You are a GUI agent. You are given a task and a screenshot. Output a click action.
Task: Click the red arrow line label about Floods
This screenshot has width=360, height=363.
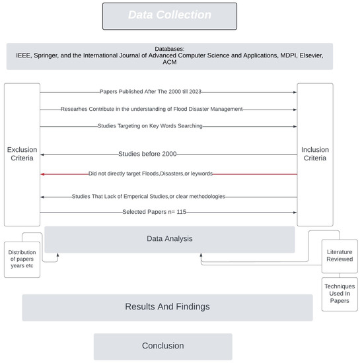point(169,174)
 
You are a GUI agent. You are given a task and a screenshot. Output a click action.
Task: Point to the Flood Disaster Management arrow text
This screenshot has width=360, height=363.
point(151,109)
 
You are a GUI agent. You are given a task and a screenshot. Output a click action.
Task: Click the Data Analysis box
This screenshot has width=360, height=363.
point(170,240)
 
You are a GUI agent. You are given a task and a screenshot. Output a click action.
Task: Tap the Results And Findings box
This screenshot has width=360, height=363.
point(167,307)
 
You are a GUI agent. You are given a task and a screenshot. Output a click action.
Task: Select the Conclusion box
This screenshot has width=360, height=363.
point(162,346)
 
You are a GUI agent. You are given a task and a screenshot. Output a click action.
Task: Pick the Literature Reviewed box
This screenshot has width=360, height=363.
point(340,255)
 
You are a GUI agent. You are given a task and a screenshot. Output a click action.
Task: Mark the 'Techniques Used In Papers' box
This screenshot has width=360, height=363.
point(340,294)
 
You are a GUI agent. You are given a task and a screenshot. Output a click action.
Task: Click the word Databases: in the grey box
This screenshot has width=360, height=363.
point(170,49)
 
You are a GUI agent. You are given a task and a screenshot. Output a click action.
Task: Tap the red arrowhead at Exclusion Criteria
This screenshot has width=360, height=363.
point(43,174)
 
